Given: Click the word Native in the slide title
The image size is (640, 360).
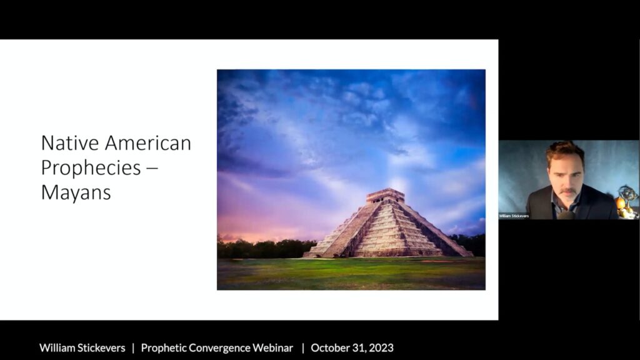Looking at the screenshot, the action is coord(70,143).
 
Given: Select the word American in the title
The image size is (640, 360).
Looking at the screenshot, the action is coord(148,143).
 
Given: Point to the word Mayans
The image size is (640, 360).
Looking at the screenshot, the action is coord(76,192).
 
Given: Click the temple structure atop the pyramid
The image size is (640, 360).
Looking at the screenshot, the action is coord(385,196).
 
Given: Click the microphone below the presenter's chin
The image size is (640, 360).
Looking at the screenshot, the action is coord(566,215).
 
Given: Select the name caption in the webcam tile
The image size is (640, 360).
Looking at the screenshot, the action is coord(514,216).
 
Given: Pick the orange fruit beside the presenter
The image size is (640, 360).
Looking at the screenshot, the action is coord(621,203).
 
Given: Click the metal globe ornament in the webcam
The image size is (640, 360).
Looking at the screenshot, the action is coord(628,194).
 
